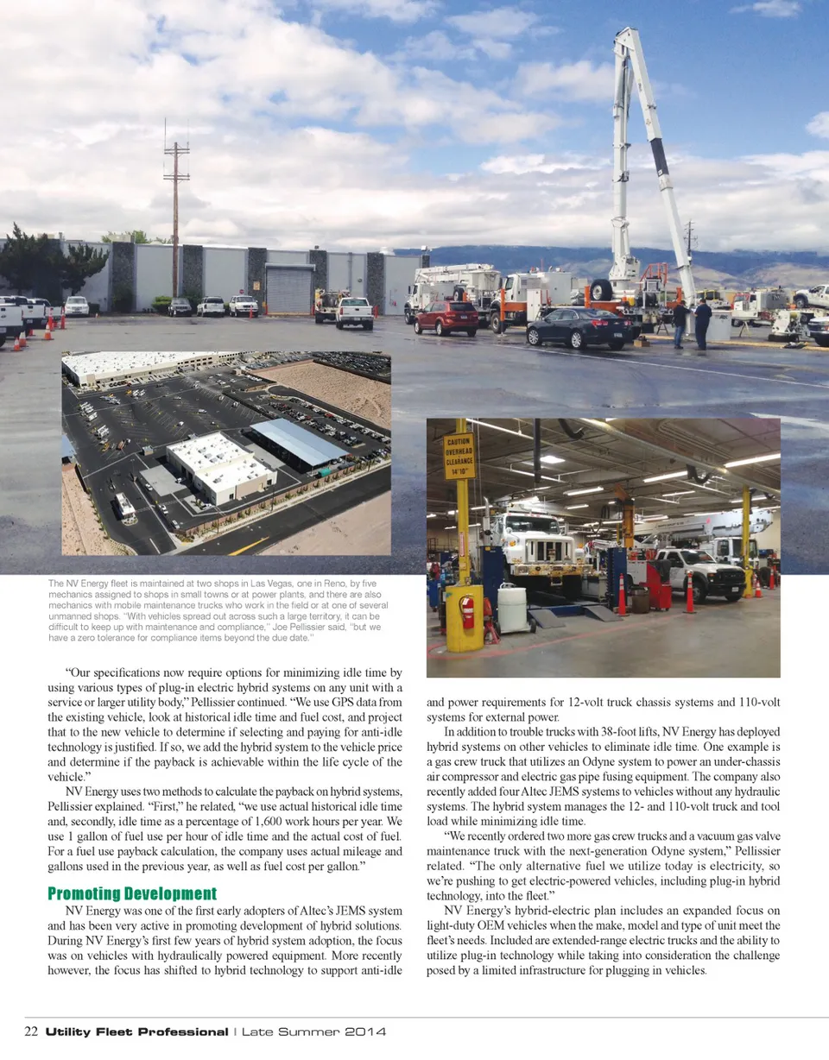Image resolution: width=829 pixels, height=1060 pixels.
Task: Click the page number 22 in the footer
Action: point(31,1032)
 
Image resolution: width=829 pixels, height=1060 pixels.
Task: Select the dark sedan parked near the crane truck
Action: point(579,327)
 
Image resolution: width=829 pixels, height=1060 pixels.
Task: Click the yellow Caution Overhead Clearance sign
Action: point(459,457)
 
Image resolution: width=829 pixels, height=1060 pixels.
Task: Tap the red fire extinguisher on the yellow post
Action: point(467,612)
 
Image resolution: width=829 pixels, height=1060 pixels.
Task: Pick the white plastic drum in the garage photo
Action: point(512,609)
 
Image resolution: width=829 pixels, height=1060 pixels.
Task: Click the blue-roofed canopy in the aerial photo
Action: point(298,442)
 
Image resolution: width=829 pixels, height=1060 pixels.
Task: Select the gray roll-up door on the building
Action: point(288,290)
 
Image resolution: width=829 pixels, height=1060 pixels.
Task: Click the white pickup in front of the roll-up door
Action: point(355,312)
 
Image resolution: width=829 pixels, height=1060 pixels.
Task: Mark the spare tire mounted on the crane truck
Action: point(601,290)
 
